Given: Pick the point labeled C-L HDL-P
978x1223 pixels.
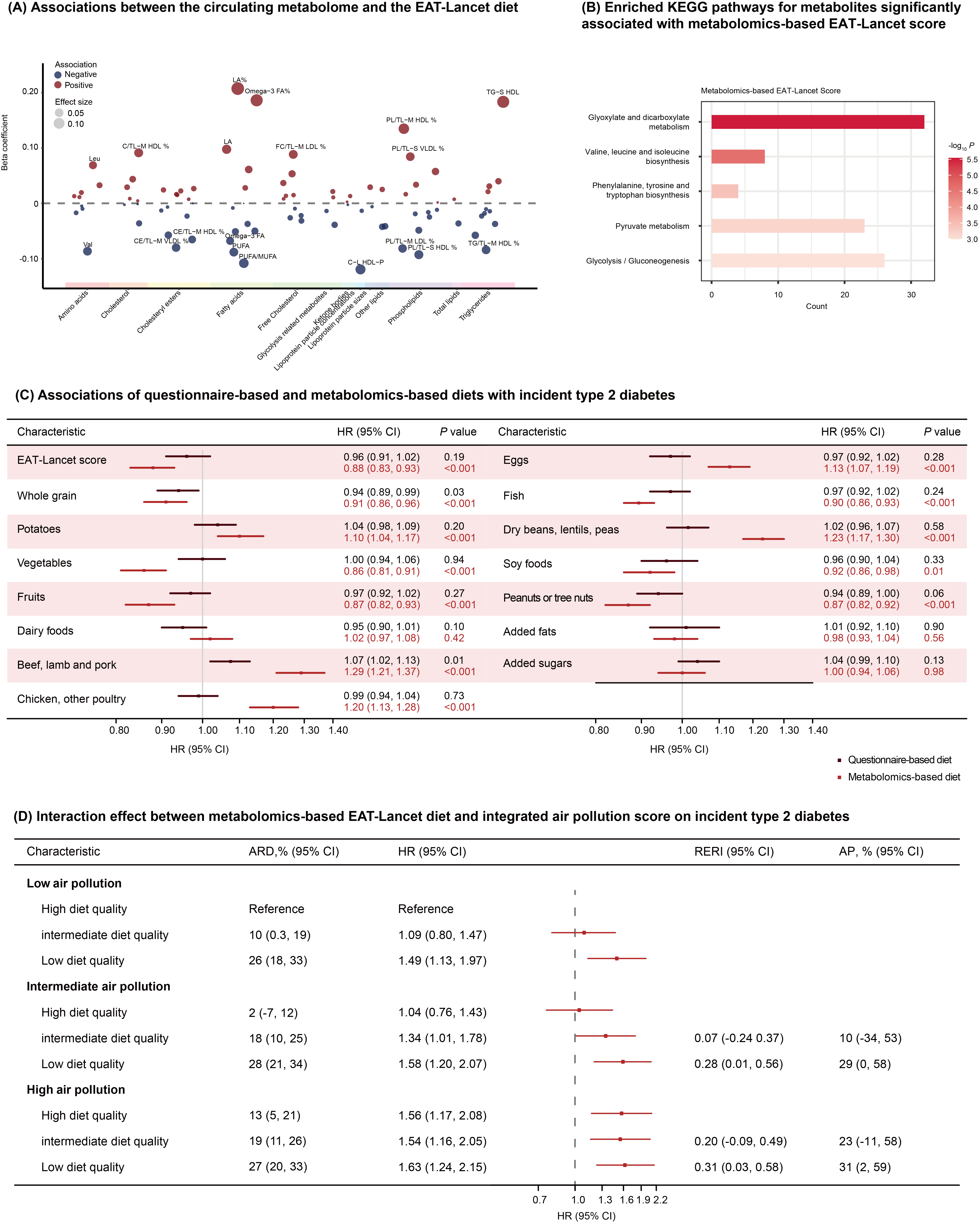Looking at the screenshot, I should pos(360,269).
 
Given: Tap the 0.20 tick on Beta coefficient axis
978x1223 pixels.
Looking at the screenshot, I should pos(30,91).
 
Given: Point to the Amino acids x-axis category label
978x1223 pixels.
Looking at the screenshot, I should pos(73,305).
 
